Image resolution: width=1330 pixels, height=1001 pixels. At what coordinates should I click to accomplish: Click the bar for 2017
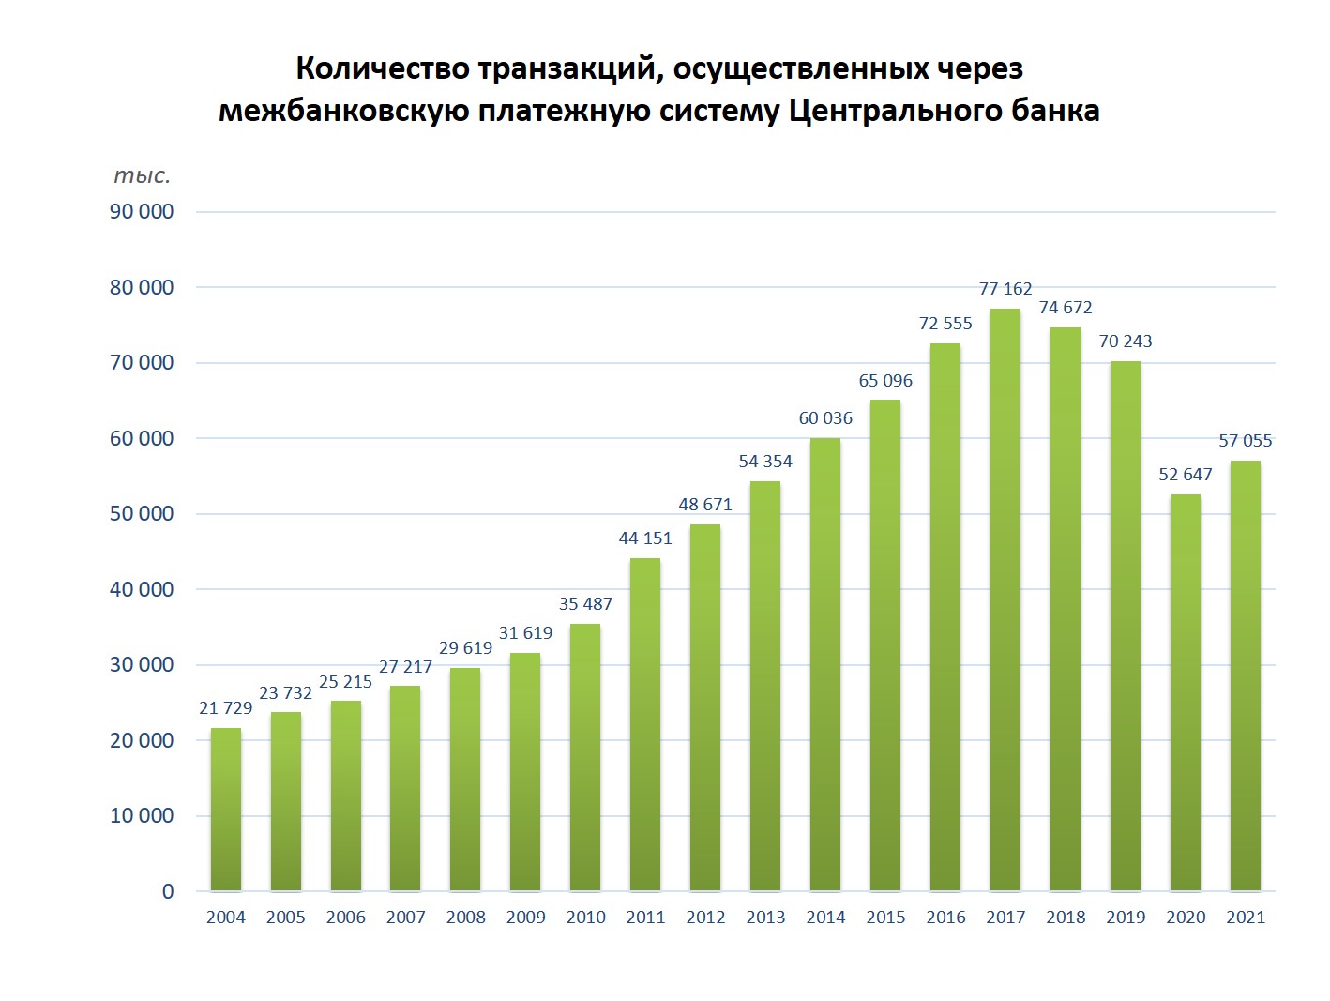1005,600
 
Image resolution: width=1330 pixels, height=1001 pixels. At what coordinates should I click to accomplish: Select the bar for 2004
226,810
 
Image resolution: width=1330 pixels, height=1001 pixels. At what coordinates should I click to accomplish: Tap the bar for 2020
1186,692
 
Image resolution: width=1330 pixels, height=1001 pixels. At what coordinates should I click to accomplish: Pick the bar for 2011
645,724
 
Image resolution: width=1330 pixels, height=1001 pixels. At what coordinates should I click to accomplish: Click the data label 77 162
1005,289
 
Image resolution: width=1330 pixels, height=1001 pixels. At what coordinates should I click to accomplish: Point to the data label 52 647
1186,475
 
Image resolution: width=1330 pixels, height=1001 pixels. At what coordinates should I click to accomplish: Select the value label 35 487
585,604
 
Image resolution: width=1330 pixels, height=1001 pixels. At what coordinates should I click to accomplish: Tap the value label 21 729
226,708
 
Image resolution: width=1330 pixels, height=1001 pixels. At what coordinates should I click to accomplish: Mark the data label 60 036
825,418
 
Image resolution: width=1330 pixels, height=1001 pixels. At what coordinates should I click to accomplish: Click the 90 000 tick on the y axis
142,212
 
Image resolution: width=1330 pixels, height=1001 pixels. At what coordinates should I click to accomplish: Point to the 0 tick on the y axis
168,891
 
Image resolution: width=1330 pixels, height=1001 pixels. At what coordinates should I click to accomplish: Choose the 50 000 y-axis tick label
142,514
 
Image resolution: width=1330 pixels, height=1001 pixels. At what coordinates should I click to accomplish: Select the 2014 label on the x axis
825,918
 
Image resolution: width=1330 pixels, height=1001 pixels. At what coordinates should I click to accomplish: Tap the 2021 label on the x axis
1246,918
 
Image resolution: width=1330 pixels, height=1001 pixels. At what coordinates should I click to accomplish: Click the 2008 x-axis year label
466,918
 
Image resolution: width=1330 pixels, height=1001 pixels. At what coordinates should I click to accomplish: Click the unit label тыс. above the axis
142,176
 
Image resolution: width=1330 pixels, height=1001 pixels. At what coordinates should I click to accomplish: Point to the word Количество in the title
383,68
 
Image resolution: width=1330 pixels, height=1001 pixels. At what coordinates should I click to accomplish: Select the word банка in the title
1055,111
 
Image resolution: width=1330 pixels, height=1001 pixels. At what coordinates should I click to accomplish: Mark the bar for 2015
885,645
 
